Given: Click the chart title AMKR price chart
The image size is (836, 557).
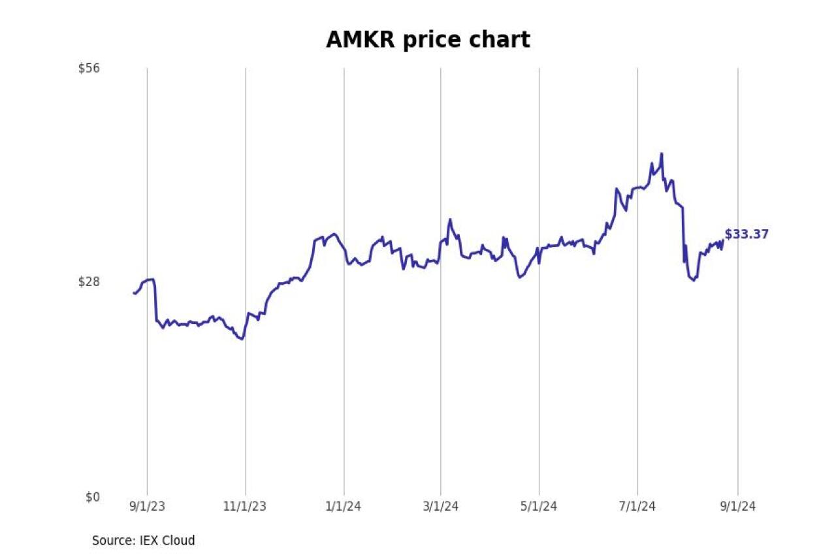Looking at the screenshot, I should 428,40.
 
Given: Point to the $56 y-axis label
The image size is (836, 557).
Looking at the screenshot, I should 89,68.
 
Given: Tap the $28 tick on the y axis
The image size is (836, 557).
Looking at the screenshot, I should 89,281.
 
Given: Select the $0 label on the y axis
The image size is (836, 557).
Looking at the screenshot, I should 93,497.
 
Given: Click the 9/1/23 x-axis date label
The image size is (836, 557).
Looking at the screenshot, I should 147,506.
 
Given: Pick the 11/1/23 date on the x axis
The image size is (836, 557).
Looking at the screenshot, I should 246,506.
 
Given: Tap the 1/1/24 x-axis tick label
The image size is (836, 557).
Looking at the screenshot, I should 344,506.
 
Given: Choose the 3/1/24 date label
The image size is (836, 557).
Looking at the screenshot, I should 441,506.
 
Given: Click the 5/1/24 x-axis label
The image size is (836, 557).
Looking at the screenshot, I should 539,506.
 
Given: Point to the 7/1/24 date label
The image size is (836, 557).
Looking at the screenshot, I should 637,506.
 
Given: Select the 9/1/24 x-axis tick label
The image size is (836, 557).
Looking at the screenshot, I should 738,506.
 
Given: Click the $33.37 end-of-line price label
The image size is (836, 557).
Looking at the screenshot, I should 747,234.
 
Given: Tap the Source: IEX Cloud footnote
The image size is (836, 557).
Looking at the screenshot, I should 143,541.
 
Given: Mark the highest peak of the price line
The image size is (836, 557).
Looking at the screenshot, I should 662,154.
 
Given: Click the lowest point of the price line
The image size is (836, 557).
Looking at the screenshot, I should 242,339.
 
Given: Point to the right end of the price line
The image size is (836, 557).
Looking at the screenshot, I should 722,241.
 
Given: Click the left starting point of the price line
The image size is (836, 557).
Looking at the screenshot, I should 134,293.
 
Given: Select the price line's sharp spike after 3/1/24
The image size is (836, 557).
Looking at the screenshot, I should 449,220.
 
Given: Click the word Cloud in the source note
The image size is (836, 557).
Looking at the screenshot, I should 180,541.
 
